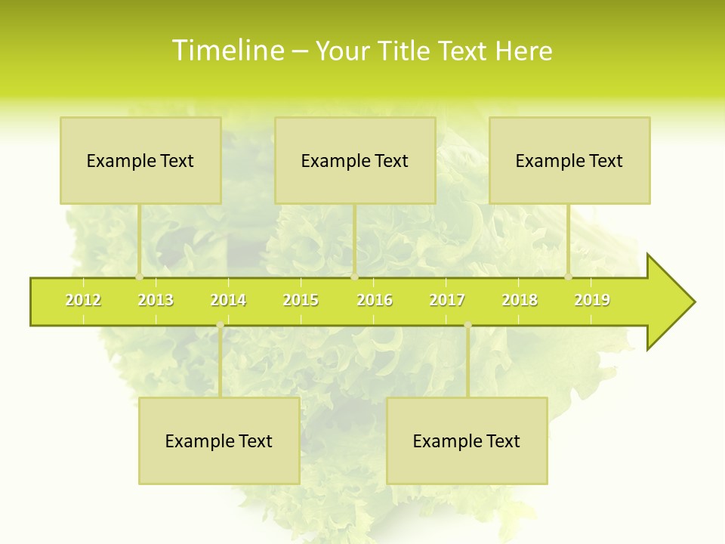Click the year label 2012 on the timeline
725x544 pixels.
coord(83,300)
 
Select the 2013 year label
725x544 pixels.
coord(156,300)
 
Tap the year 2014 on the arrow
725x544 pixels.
coord(228,300)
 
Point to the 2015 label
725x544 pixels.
coord(301,300)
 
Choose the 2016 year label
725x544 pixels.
coord(375,300)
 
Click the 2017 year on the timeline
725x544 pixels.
coord(447,300)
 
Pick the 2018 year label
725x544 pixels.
coord(520,300)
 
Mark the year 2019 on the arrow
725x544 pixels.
coord(592,300)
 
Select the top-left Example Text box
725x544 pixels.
coord(140,160)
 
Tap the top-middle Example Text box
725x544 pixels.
coord(355,160)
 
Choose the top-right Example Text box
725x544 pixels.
coord(569,160)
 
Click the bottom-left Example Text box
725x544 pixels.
coord(219,440)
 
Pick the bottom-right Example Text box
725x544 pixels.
coord(467,440)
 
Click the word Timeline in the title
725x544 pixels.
coord(227,51)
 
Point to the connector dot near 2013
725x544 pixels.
coord(139,277)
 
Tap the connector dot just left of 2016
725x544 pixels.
coord(354,277)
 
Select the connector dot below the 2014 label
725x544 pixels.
coord(220,325)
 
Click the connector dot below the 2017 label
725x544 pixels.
coord(467,325)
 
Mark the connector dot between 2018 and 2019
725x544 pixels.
coord(568,277)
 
